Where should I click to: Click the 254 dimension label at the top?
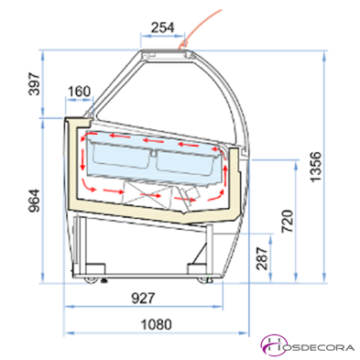point(163,27)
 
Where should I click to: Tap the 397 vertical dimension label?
point(34,84)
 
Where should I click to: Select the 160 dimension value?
point(79,92)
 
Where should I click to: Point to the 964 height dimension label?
point(34,201)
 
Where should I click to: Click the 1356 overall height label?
point(315,167)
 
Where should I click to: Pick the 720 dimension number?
point(288,221)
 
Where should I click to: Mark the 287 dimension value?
point(262,258)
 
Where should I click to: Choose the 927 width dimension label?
point(143,298)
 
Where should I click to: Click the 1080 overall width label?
point(156,324)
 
